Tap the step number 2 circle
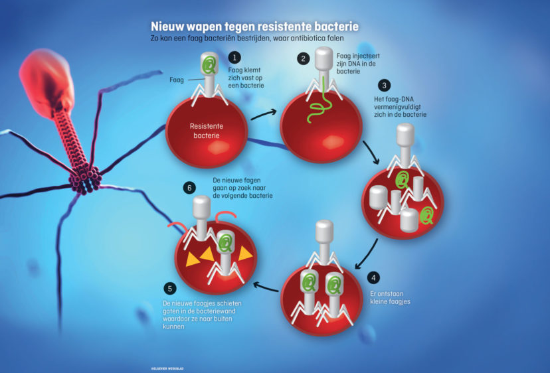coord(304,58)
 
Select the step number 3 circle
coord(383,86)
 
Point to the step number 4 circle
coord(374,277)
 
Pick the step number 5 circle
coord(170,288)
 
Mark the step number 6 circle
coord(188,188)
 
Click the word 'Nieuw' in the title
coord(170,26)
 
